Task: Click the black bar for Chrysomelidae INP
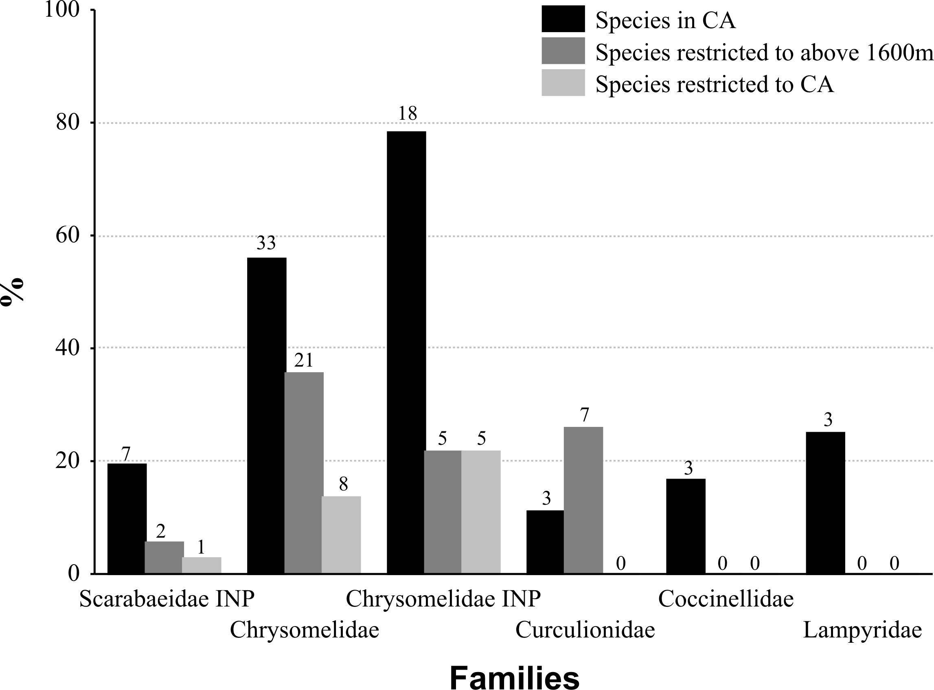[x=406, y=352]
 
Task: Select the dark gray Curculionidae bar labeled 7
[x=583, y=500]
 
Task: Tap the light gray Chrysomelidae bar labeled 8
[x=341, y=535]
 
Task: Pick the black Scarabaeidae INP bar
[x=127, y=519]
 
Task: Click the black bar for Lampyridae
[x=825, y=503]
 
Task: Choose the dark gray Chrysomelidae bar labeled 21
[x=304, y=472]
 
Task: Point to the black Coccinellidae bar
[x=686, y=526]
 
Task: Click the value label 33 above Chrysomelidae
[x=266, y=243]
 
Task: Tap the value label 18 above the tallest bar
[x=408, y=114]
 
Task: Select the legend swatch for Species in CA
[x=563, y=19]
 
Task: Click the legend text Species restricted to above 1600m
[x=764, y=53]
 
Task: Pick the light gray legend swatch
[x=563, y=83]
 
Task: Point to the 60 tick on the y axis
[x=68, y=235]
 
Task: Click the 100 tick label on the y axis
[x=62, y=10]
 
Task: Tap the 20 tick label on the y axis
[x=68, y=461]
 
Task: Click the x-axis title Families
[x=514, y=676]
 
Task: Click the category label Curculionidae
[x=585, y=630]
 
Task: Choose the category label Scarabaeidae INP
[x=167, y=599]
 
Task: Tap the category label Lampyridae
[x=862, y=630]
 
